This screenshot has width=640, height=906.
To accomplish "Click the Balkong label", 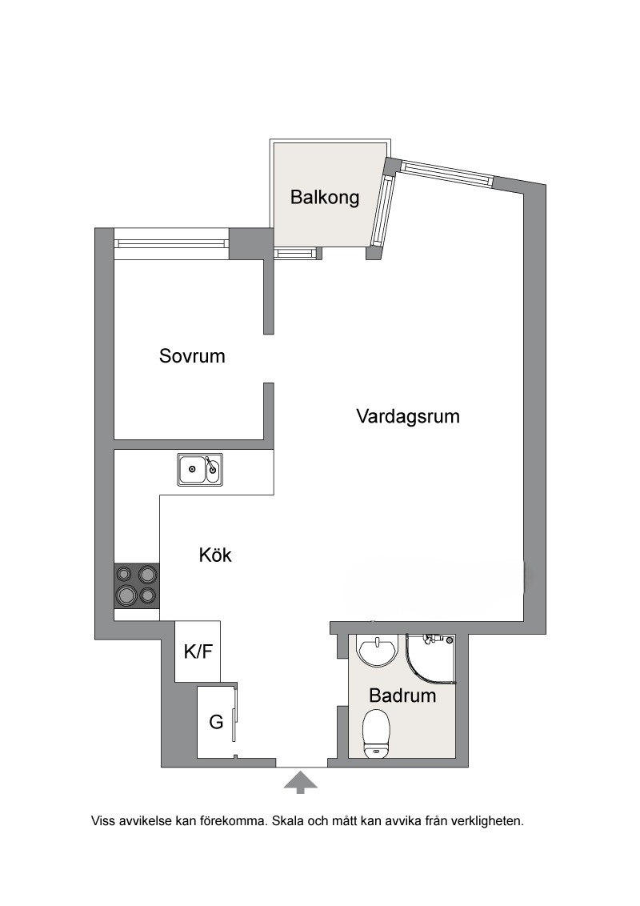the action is (325, 198).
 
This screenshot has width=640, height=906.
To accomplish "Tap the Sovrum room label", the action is (192, 356).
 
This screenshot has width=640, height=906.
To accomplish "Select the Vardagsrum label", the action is (408, 416).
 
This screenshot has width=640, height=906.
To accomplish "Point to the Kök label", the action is (215, 555).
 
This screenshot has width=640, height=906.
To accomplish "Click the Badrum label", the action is (402, 695).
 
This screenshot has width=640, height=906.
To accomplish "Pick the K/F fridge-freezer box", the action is (198, 651).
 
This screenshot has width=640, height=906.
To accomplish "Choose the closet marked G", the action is (216, 721).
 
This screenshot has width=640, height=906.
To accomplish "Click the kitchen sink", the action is (200, 470).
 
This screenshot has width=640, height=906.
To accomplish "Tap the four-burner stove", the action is (136, 585).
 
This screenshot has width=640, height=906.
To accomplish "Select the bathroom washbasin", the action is (378, 651).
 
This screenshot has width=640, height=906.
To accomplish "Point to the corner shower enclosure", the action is (430, 659).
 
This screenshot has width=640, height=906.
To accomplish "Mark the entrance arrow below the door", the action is (300, 783).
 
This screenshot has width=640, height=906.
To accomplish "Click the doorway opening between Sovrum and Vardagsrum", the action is (269, 359).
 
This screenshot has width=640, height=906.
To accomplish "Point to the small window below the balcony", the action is (296, 252).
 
